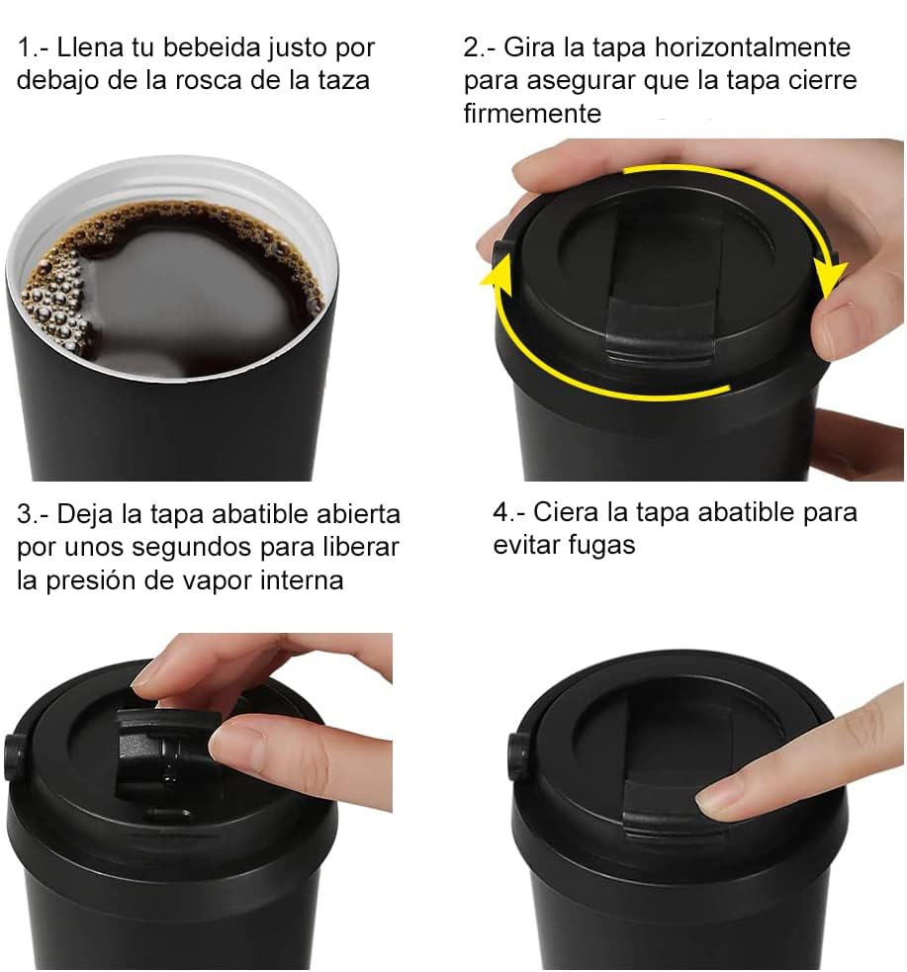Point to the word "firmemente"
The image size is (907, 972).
pyautogui.click(x=532, y=114)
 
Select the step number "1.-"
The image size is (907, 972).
pyautogui.click(x=33, y=47)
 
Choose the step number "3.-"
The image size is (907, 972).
pyautogui.click(x=33, y=514)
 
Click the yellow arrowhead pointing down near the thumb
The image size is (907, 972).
pyautogui.click(x=830, y=279)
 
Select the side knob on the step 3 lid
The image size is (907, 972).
pyautogui.click(x=14, y=756)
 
